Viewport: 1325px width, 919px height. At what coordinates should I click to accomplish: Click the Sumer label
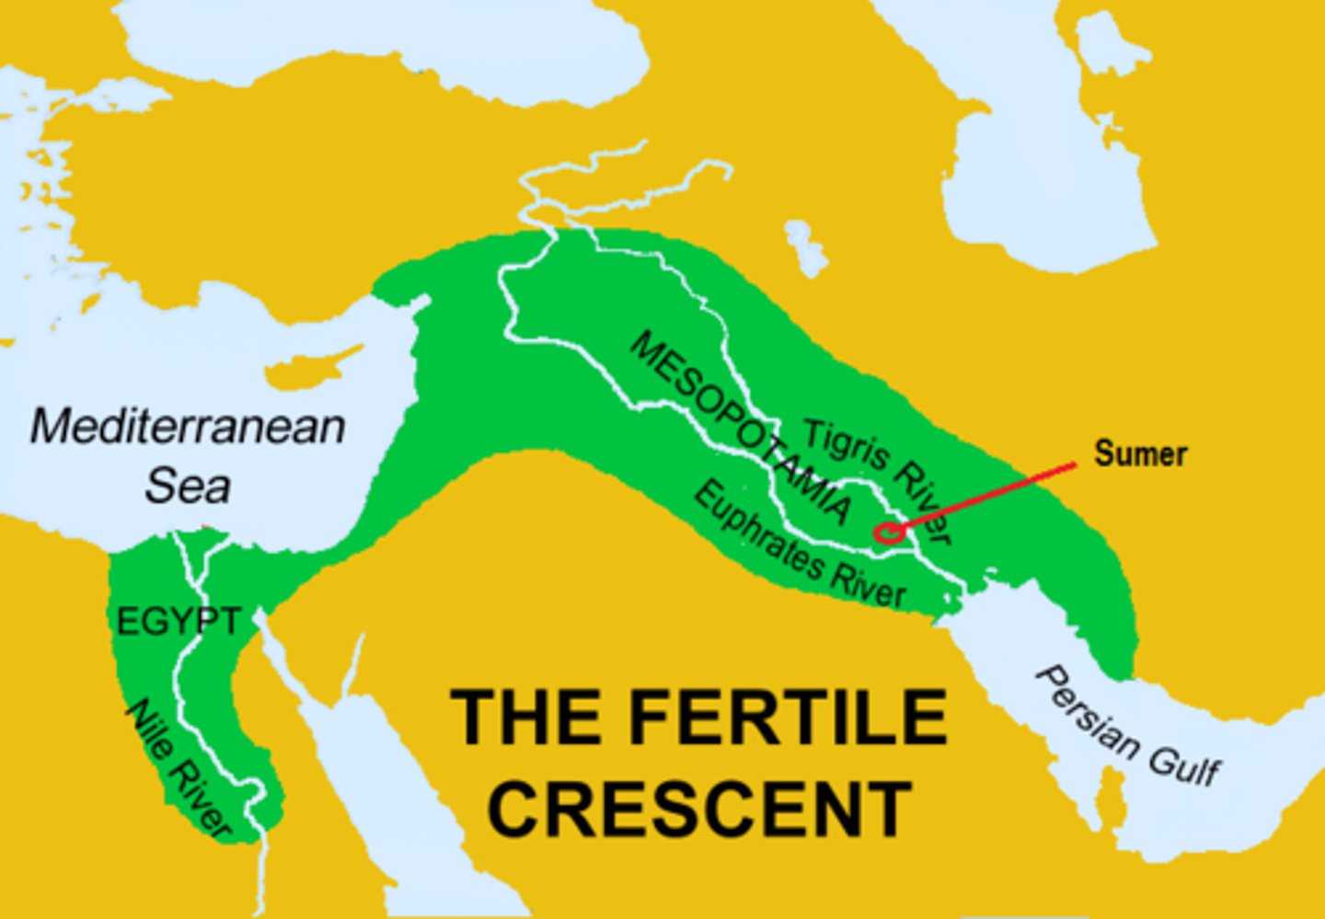tap(1140, 454)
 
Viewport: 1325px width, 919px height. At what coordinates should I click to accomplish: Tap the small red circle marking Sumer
tap(885, 532)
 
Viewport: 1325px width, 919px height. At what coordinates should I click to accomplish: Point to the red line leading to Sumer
tap(985, 497)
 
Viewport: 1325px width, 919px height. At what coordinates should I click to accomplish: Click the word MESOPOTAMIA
tap(741, 428)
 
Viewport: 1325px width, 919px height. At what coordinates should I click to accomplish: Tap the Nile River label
tap(179, 769)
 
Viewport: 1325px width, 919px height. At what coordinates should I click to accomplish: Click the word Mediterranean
tap(188, 427)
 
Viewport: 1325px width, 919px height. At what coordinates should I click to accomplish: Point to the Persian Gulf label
tap(1128, 727)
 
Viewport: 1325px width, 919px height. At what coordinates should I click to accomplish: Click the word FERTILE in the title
tap(788, 718)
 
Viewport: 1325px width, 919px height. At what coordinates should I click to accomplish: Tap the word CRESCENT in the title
tap(700, 809)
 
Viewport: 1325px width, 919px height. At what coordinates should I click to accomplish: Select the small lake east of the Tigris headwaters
tap(805, 248)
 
